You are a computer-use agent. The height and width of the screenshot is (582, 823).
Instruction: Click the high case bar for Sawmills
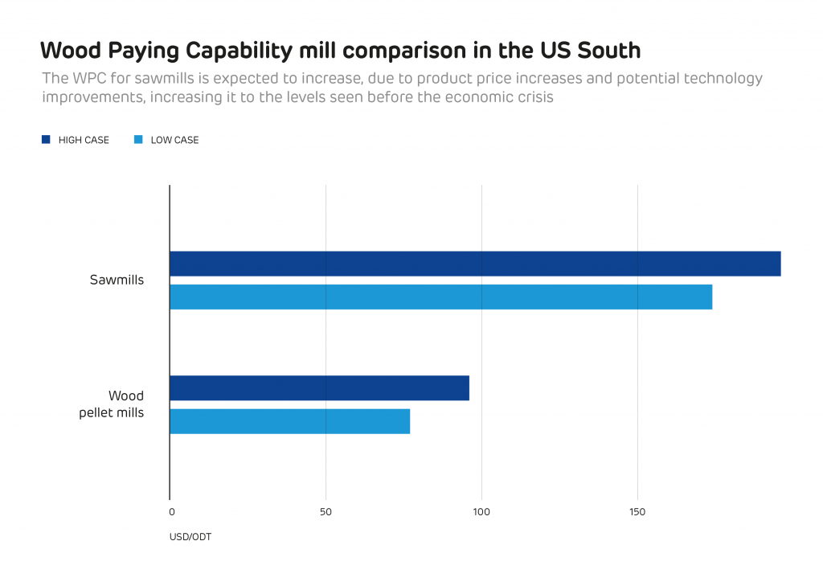(474, 264)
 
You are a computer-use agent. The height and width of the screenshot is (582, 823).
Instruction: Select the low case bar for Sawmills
(440, 297)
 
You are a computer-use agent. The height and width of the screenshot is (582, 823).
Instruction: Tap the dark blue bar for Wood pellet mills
(319, 388)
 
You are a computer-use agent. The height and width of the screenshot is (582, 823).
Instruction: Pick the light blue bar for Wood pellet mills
(289, 421)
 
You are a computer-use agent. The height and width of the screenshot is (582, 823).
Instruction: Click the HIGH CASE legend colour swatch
(46, 140)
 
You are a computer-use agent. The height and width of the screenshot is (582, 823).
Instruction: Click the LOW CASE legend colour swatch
(137, 140)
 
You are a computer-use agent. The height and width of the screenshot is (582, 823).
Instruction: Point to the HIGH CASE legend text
(84, 140)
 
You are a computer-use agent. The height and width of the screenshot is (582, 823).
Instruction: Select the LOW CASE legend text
(174, 140)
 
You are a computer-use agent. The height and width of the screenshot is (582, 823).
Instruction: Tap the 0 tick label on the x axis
(171, 512)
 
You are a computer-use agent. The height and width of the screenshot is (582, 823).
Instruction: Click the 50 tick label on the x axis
(326, 512)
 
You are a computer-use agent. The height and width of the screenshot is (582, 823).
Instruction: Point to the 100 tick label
(481, 512)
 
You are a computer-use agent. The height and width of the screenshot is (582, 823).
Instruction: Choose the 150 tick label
(637, 512)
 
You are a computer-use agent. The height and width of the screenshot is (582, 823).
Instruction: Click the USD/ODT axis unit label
(190, 536)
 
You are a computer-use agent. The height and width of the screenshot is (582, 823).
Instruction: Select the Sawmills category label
(117, 281)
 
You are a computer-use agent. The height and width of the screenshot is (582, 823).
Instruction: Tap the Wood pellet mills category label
(112, 404)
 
